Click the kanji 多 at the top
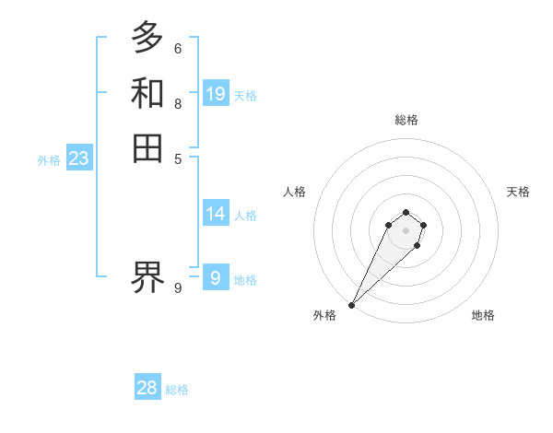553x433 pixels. point(147,39)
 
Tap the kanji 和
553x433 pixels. point(147,93)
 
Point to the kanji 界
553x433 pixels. point(147,275)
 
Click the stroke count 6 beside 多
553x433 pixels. point(177,48)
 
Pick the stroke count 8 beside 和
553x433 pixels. point(177,103)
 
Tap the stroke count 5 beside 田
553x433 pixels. point(177,158)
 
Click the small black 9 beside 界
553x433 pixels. point(177,288)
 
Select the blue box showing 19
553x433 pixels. point(216,94)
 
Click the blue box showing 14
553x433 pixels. point(216,214)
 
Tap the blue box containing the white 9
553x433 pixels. point(216,277)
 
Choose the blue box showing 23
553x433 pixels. point(78,158)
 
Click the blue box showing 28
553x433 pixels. point(147,388)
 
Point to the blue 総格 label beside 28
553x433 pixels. point(177,391)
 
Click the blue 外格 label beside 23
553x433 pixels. point(49,160)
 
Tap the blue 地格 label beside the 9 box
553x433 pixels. point(245,280)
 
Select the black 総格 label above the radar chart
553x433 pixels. point(406,120)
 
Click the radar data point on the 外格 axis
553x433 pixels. point(352,305)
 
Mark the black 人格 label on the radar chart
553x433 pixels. point(295,192)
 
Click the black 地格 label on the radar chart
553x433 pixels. point(483,316)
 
